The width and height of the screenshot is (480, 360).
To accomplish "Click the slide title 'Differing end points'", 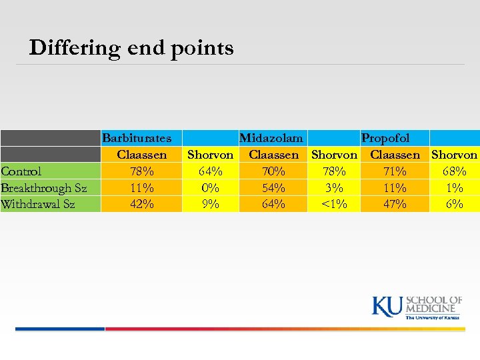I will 131,48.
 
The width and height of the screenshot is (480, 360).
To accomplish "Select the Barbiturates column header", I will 137,138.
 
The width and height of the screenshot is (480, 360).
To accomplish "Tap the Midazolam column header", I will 271,138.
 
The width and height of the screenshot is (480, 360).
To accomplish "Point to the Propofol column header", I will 385,138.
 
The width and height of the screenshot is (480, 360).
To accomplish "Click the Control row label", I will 21,171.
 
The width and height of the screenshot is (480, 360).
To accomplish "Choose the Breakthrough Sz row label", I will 43,188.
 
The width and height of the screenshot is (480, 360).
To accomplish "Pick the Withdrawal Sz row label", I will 38,204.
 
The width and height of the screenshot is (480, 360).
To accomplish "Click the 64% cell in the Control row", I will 211,171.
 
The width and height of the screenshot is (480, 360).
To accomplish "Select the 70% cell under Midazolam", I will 274,171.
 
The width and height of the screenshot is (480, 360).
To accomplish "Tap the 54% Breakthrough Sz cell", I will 274,188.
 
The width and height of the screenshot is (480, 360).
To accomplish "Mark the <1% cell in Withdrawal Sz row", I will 334,204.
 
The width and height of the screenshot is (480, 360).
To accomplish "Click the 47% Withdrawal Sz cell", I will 395,204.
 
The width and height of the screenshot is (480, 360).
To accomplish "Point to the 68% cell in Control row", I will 455,171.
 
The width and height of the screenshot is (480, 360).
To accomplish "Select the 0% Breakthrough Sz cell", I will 211,188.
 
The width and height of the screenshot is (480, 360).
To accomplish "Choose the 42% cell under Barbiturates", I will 142,204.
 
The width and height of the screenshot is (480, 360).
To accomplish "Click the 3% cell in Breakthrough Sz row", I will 334,188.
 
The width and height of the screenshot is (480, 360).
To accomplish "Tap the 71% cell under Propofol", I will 395,171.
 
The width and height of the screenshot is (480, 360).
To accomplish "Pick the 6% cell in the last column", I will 455,204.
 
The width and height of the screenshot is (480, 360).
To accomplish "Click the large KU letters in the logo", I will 387,306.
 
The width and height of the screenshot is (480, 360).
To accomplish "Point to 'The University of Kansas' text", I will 433,317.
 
